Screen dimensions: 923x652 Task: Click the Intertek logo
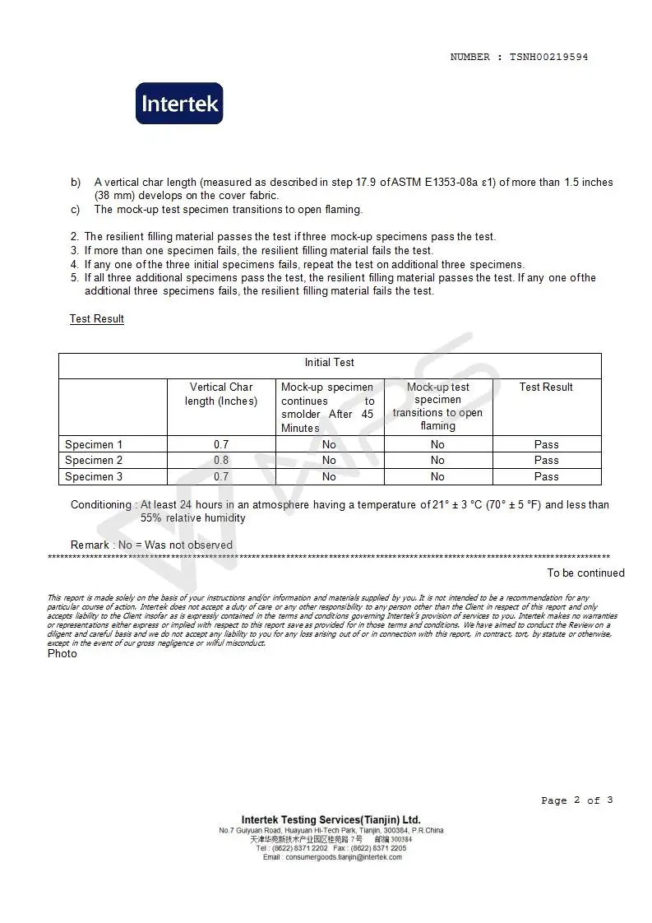tap(179, 104)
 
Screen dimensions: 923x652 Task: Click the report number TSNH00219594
tap(548, 58)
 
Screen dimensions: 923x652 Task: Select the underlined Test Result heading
tap(96, 318)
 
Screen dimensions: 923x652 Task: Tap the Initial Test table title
tap(329, 362)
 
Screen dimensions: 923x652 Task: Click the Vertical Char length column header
tap(221, 394)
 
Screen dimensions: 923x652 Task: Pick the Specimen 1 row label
tap(94, 444)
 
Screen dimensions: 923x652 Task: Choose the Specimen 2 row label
tap(94, 460)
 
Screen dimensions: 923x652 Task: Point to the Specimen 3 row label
tap(94, 476)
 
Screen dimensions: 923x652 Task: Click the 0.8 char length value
tap(221, 460)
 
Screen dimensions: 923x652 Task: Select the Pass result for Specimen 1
tap(546, 444)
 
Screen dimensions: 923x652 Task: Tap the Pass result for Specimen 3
tap(546, 476)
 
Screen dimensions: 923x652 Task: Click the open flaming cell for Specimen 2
tap(437, 460)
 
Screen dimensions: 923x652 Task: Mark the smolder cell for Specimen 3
tap(329, 476)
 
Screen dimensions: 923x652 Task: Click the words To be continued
tap(585, 573)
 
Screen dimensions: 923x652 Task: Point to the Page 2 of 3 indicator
tap(576, 800)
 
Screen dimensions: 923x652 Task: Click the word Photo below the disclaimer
tap(62, 653)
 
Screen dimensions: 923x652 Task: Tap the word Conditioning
tap(100, 504)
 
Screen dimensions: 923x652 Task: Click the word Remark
tap(90, 545)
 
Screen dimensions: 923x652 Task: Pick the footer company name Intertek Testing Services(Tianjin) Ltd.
tap(331, 819)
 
